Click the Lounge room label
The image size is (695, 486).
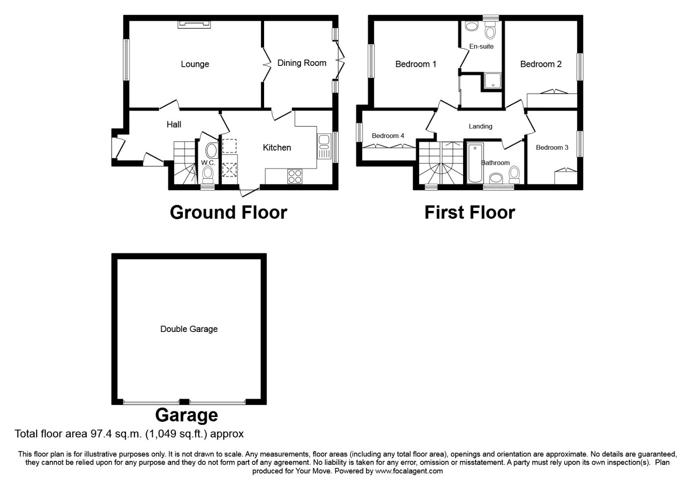click(x=195, y=64)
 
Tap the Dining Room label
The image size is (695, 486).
click(x=301, y=63)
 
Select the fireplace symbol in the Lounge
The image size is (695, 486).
click(x=194, y=24)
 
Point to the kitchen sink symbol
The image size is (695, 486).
click(x=324, y=147)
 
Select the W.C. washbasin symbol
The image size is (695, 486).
click(x=212, y=151)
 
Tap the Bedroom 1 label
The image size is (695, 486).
click(x=415, y=64)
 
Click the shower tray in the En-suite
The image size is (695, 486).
click(x=492, y=81)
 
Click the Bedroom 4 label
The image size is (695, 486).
click(x=387, y=136)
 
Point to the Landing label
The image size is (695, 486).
click(x=480, y=126)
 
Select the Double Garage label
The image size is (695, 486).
click(x=189, y=329)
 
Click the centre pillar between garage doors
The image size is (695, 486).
click(x=185, y=401)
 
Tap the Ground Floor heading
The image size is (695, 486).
click(x=228, y=213)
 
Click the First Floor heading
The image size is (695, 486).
click(x=469, y=213)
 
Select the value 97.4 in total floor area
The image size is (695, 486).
click(x=101, y=433)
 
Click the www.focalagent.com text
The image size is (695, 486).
click(x=409, y=471)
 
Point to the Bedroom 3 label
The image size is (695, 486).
click(x=552, y=148)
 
